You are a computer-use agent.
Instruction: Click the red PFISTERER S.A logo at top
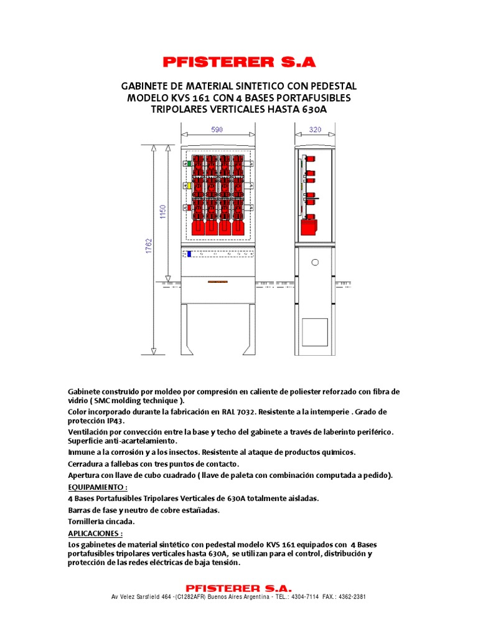coord(239,62)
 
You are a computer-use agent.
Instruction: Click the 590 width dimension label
coord(217,130)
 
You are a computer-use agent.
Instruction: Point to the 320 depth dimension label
coord(316,130)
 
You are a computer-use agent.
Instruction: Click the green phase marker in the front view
coord(185,163)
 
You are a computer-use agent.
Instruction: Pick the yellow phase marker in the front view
coord(185,186)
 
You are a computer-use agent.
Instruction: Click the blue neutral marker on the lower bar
coord(189,254)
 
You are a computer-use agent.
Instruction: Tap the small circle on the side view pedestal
coord(315,262)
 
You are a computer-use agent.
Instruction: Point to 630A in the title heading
coord(314,110)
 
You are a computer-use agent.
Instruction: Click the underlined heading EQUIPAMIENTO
coord(97,487)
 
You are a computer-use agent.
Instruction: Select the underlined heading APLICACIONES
coord(95,533)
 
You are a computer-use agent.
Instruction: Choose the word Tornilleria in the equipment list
coord(85,521)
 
